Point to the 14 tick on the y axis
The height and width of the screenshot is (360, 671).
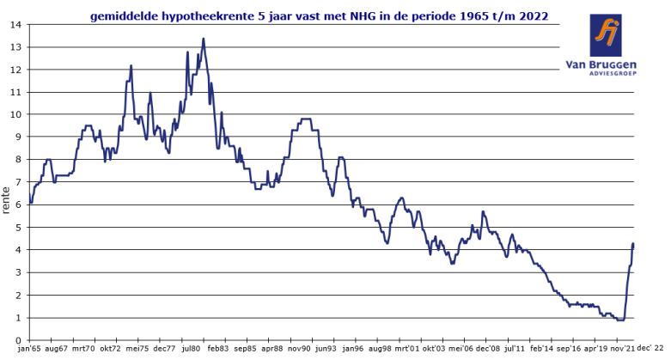pos(15,24)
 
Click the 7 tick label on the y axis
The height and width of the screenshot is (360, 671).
pos(18,182)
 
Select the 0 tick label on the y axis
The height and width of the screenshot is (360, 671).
pos(18,340)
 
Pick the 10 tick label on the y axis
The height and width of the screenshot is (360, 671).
pos(15,114)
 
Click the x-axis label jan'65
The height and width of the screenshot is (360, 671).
pos(30,351)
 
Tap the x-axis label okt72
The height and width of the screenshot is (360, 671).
pos(110,351)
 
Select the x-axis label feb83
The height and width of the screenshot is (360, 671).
pos(217,351)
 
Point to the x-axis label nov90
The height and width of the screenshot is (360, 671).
pos(298,351)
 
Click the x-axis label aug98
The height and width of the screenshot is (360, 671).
pos(379,351)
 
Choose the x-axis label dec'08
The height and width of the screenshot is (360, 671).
pos(487,351)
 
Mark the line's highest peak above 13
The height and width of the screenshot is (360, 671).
pos(203,38)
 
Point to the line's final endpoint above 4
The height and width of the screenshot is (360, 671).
pos(633,244)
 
